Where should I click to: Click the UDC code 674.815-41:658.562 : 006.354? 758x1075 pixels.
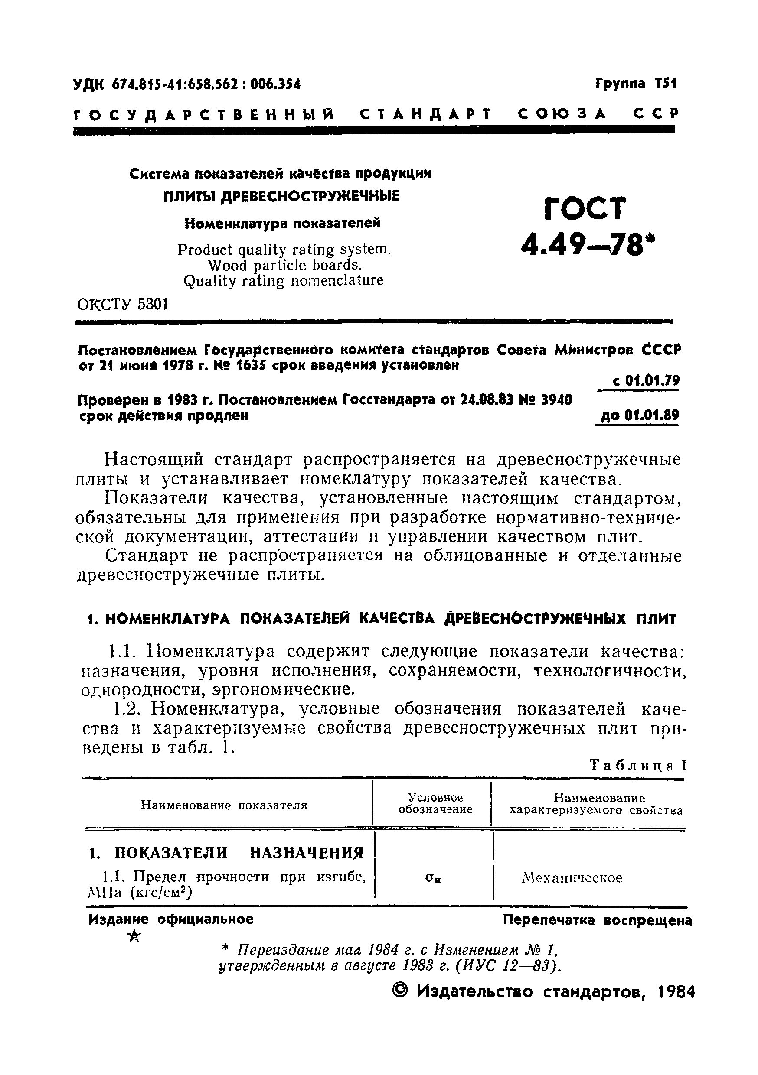pos(206,84)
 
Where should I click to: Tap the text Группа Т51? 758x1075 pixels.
pos(636,84)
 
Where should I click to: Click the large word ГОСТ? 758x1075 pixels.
pos(585,209)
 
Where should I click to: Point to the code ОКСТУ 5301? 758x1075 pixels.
pos(122,305)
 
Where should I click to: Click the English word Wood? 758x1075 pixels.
pos(227,266)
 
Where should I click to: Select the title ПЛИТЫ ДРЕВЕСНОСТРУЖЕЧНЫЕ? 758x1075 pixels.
pos(281,196)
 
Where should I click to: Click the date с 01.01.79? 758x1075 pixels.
pos(645,381)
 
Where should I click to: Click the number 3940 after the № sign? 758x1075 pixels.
pos(555,400)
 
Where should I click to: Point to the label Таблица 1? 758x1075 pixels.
pos(638,766)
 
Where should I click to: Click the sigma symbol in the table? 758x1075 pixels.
pos(433,878)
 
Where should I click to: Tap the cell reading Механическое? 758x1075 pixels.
pos(572,878)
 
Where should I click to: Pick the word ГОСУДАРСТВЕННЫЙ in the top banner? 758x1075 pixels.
pos(204,114)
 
